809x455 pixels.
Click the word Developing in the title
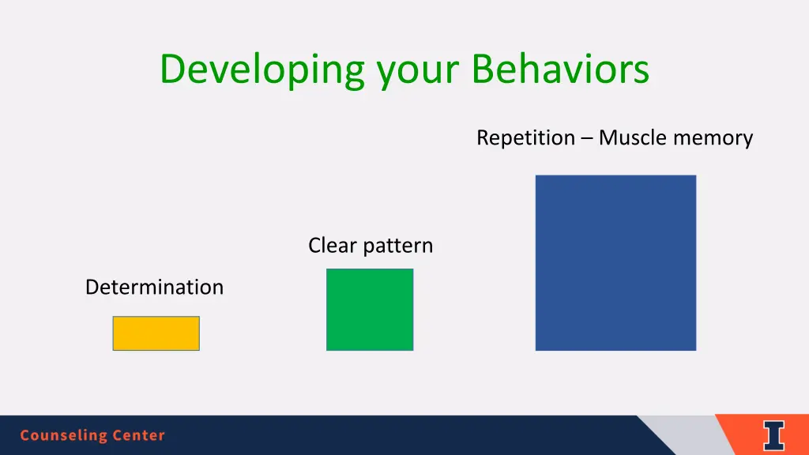click(262, 70)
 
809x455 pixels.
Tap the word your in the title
click(418, 74)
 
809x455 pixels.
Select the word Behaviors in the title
click(560, 69)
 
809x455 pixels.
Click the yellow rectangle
click(156, 333)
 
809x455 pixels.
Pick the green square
click(370, 310)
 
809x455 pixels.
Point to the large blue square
click(615, 262)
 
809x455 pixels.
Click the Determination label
click(154, 287)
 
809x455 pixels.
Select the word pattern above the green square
click(398, 246)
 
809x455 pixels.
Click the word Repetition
click(525, 138)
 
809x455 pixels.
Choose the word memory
click(713, 139)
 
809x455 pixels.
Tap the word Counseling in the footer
click(63, 435)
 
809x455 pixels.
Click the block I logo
click(774, 436)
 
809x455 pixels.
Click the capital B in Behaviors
click(483, 70)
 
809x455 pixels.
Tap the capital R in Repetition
click(483, 137)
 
